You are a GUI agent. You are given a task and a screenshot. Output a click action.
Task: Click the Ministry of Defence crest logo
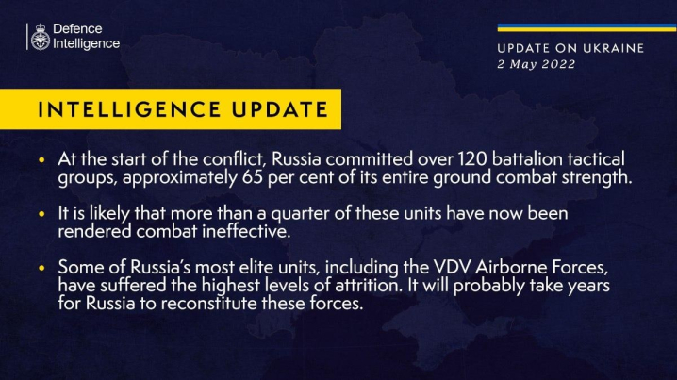click(40, 37)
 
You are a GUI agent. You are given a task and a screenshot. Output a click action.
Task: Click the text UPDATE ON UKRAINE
click(570, 47)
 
